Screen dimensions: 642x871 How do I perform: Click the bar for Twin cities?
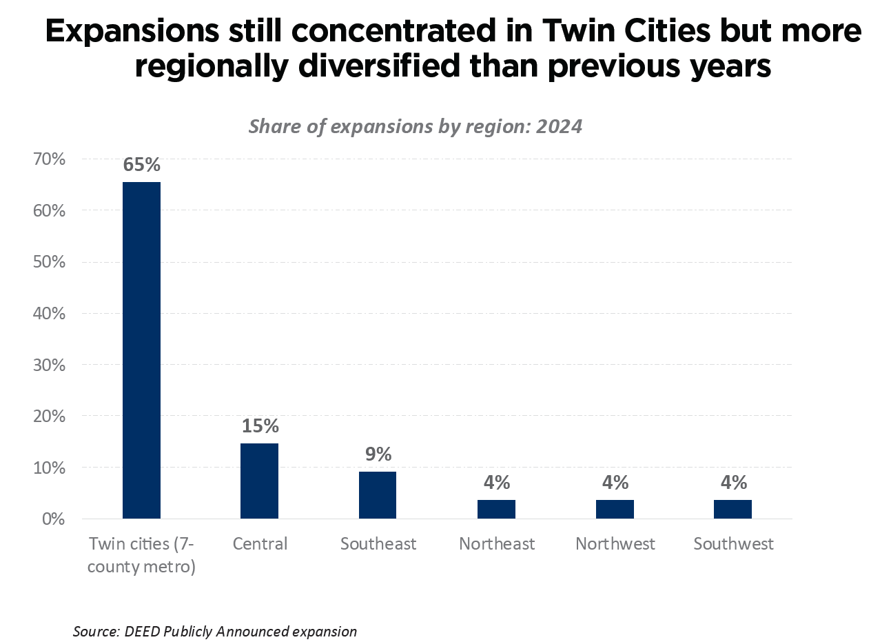coord(141,350)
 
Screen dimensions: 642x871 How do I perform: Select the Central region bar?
coord(259,481)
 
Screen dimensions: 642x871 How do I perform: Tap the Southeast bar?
coord(378,494)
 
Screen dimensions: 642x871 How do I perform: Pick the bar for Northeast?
coord(496,509)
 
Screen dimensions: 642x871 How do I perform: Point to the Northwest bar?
coord(615,509)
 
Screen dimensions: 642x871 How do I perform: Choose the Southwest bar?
coord(732,509)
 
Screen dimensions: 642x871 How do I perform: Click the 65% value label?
coord(141,165)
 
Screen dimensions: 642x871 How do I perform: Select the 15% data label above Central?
coord(260,426)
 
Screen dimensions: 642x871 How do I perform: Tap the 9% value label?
coord(378,454)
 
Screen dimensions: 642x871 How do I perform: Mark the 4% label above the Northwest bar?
coord(615,482)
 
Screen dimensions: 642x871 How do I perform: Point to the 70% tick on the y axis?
coord(48,159)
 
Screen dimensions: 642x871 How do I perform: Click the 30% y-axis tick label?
coord(48,365)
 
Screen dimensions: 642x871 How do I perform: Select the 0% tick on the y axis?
coord(52,519)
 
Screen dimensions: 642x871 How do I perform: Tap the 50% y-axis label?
coord(48,262)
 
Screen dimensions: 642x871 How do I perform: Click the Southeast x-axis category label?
coord(378,544)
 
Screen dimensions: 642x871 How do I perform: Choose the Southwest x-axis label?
coord(733,544)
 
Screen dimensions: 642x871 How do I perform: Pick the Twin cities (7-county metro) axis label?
coord(142,555)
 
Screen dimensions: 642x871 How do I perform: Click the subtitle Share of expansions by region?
coord(416,127)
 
